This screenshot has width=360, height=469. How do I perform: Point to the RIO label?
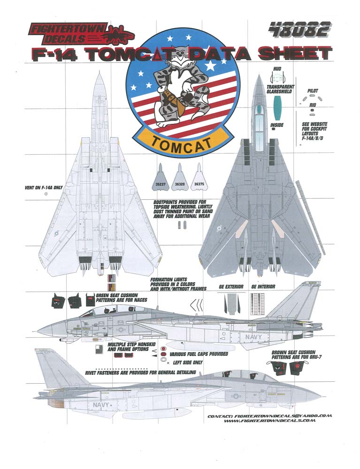313,105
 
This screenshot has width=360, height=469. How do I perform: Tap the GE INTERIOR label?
263,286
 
